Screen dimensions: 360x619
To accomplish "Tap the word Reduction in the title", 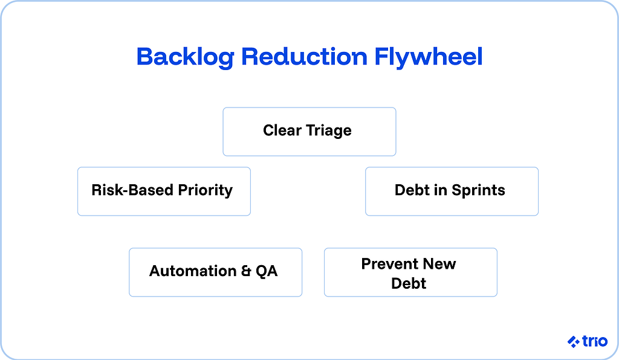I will click(304, 57).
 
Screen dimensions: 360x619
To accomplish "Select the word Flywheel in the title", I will click(429, 57).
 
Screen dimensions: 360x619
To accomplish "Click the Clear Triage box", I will click(309, 132).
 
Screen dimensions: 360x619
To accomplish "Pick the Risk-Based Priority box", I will click(164, 191).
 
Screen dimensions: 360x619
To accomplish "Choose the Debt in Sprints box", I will click(452, 191).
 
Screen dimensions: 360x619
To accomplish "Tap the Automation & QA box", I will click(215, 272).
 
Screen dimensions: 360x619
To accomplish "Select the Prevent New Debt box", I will click(410, 272).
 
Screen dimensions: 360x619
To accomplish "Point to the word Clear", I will click(283, 130).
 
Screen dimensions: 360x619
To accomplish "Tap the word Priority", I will click(205, 190).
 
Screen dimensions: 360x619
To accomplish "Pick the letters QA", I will click(267, 271).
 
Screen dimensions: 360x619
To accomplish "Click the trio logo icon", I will click(574, 341).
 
